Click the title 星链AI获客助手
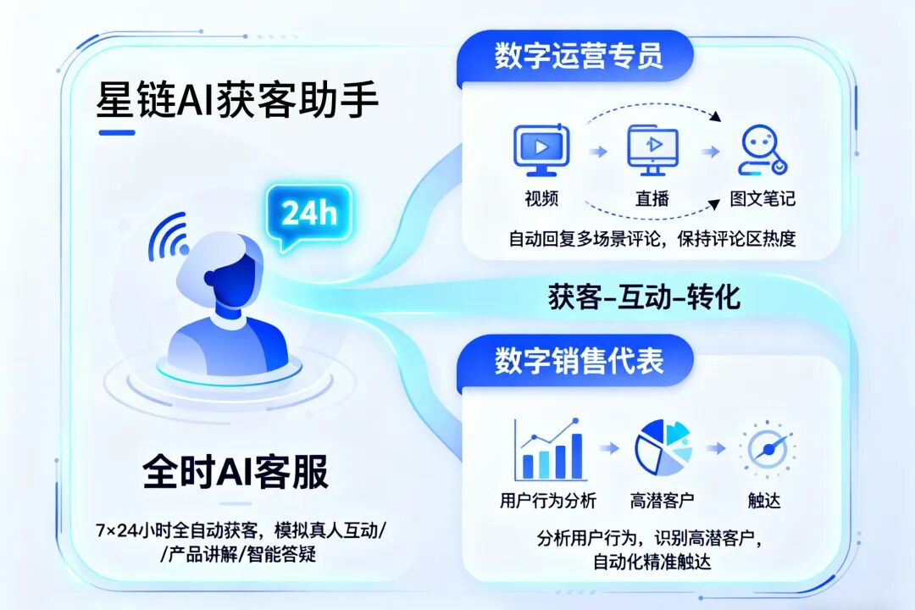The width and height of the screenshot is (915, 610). pyautogui.click(x=238, y=101)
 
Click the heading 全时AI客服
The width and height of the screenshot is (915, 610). pyautogui.click(x=236, y=471)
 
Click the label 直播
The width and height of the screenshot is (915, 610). pyautogui.click(x=652, y=199)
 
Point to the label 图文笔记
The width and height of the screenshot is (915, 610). pyautogui.click(x=762, y=199)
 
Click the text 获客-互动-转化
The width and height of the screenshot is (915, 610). pyautogui.click(x=645, y=297)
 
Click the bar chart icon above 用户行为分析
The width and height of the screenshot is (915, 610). pyautogui.click(x=550, y=449)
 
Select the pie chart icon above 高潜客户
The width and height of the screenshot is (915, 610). pyautogui.click(x=663, y=447)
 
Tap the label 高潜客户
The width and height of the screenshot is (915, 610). pyautogui.click(x=663, y=501)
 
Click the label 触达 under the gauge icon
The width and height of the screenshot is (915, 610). pyautogui.click(x=765, y=501)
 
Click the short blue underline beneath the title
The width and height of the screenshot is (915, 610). pyautogui.click(x=117, y=132)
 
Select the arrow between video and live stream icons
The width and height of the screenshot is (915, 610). pyautogui.click(x=598, y=151)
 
